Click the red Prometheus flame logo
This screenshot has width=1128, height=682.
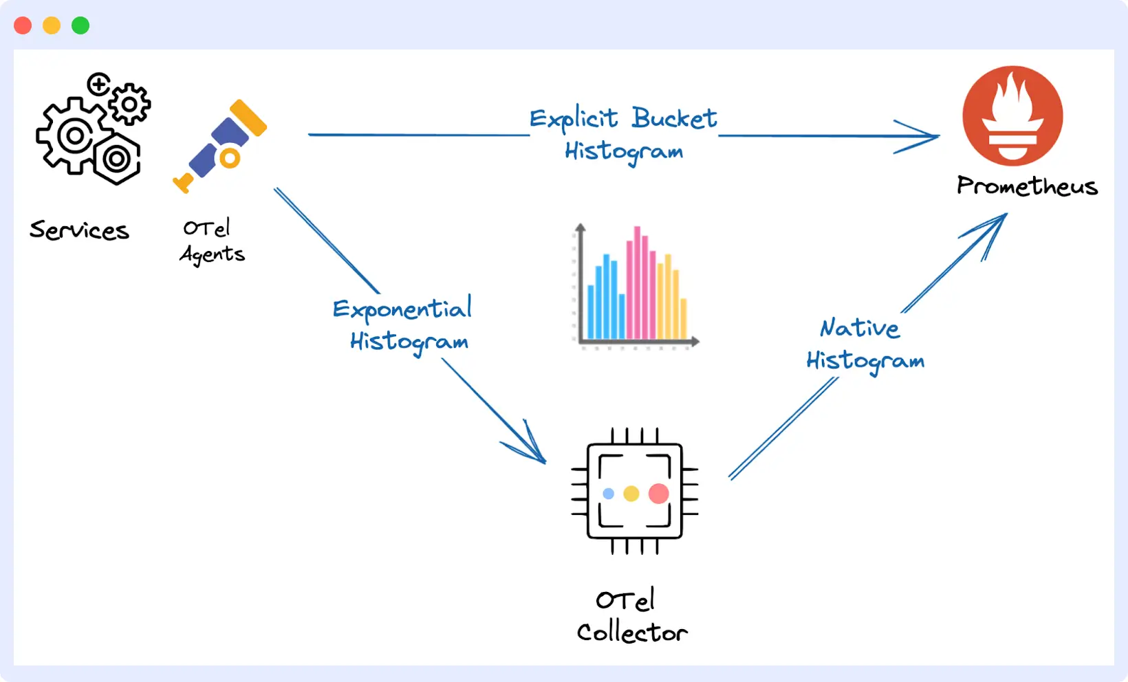coord(1012,115)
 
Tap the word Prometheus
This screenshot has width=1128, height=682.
coord(1027,186)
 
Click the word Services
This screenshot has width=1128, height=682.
coord(79,230)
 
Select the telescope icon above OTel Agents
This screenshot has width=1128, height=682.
coord(220,146)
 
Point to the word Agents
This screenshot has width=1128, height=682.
coord(212,254)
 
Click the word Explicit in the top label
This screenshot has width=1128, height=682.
coord(573,119)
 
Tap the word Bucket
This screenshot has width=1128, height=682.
coord(674,118)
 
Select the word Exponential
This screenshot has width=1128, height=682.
coord(402,309)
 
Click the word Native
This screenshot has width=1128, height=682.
coord(860,328)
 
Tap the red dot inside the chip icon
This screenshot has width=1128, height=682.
coord(658,493)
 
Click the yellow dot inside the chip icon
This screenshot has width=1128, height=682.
coord(631,494)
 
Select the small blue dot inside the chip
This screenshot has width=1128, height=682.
coord(608,494)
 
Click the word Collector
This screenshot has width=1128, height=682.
coord(631,632)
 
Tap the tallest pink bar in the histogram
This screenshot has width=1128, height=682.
coord(637,282)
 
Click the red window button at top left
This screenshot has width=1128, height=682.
coord(23,25)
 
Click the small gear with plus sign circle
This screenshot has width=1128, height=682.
coord(99,85)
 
